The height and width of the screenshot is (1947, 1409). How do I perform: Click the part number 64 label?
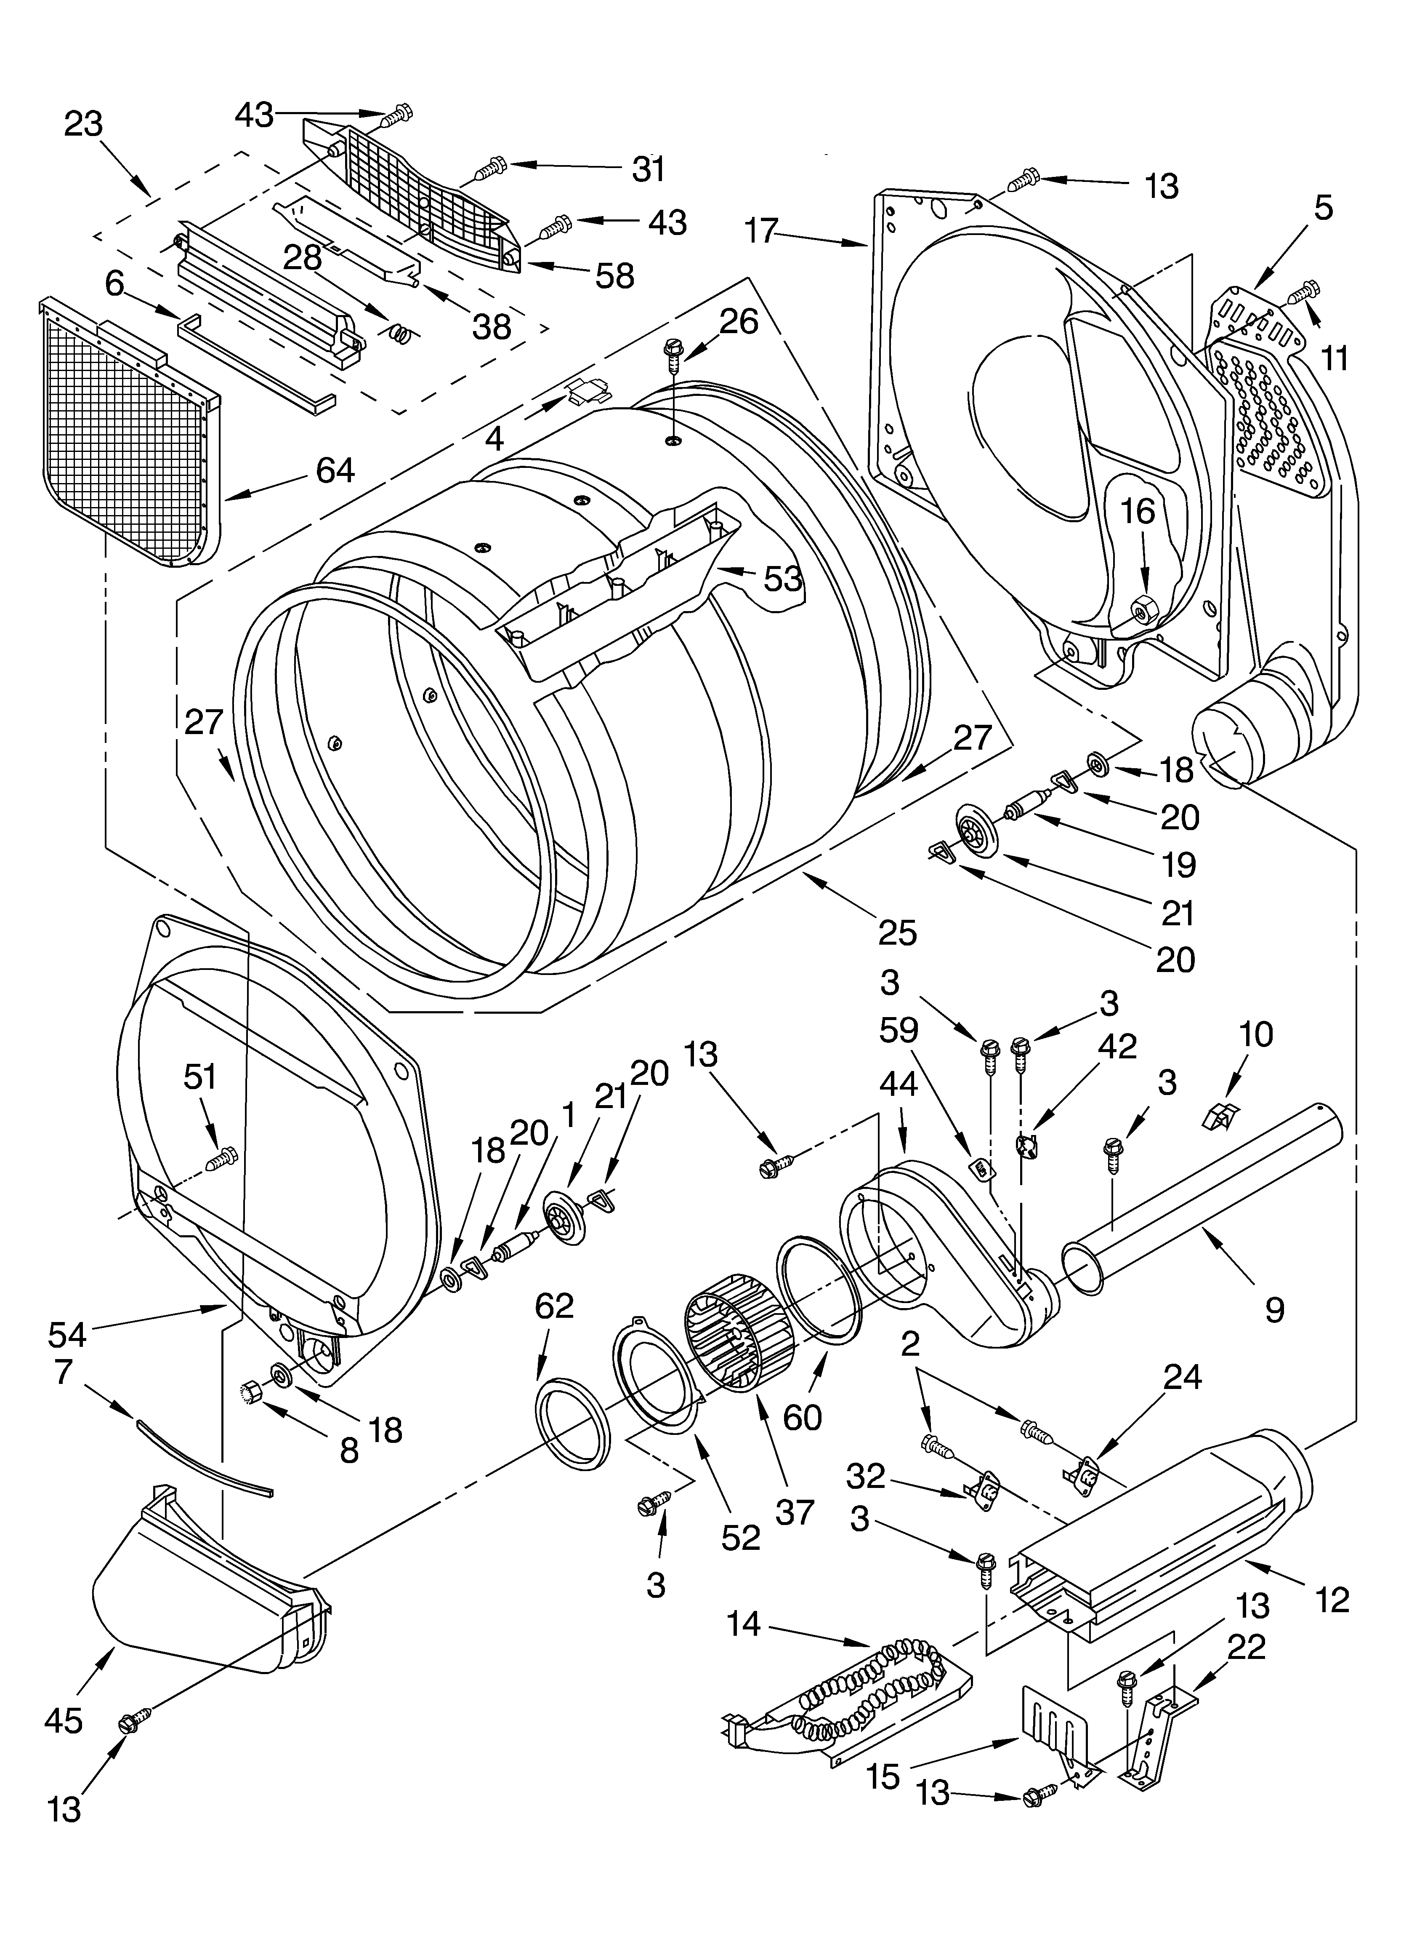(335, 470)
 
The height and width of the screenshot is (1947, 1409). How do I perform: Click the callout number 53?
(783, 579)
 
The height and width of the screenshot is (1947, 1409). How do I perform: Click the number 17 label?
(761, 232)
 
